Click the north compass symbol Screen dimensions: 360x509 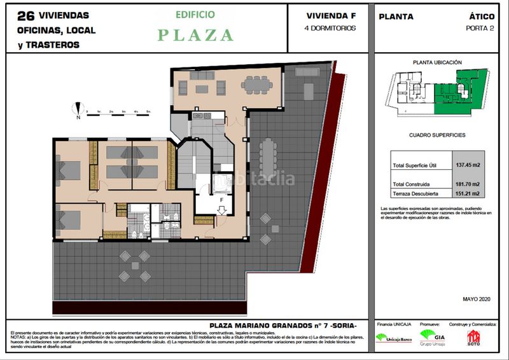pos(78,109)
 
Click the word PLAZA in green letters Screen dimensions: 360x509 pos(195,35)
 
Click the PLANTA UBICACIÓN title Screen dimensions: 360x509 pos(437,63)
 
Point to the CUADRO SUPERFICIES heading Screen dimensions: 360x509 pos(436,135)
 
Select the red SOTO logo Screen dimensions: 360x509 pos(473,337)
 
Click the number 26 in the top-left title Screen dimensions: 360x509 pos(25,15)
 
